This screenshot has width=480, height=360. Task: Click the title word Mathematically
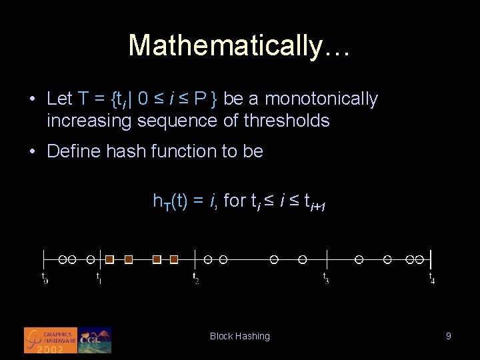[x=239, y=45]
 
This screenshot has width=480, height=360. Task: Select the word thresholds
[x=287, y=121]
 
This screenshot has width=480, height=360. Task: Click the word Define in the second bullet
[x=73, y=151]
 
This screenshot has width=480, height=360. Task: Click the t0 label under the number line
[x=45, y=278]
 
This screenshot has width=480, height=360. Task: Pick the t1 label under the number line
[x=99, y=278]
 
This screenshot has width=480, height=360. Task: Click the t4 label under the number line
[x=432, y=278]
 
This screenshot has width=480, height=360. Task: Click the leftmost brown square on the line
[x=110, y=259]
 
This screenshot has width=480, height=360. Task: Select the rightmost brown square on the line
[x=174, y=259]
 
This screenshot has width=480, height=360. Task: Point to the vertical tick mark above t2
[x=194, y=259]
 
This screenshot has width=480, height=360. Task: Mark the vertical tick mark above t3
[x=327, y=259]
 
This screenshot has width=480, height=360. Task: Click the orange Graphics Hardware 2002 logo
[x=51, y=340]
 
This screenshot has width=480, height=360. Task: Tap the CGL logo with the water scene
[x=95, y=340]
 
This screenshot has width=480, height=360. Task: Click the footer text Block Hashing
[x=240, y=337]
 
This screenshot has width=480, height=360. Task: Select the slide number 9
[x=449, y=337]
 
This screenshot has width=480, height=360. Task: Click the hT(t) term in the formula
[x=168, y=201]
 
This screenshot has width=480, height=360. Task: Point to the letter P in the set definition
[x=200, y=99]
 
